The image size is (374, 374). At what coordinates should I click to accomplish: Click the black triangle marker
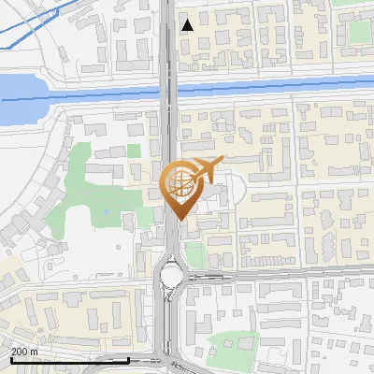click(x=188, y=25)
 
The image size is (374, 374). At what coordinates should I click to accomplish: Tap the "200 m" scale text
click(x=25, y=352)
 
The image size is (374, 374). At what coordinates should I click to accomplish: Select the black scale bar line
click(x=70, y=359)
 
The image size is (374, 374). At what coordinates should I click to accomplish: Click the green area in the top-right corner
click(x=360, y=32)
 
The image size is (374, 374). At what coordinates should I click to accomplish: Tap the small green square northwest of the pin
click(x=134, y=150)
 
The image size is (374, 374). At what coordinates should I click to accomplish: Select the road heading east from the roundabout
click(x=280, y=273)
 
